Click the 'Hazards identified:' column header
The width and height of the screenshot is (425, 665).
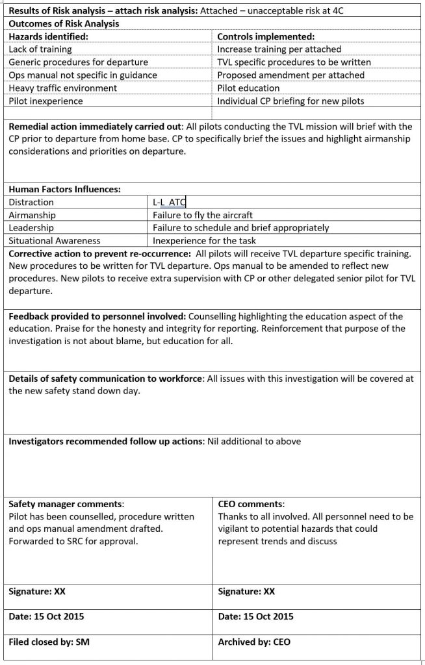pyautogui.click(x=49, y=36)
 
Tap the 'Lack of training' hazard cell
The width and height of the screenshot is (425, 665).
pyautogui.click(x=40, y=49)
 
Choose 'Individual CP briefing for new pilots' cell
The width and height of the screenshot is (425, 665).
pyautogui.click(x=291, y=101)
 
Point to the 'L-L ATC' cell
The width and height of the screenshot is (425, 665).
pyautogui.click(x=170, y=203)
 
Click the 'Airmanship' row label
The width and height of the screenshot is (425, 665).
pyautogui.click(x=32, y=215)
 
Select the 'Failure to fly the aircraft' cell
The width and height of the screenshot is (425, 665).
pyautogui.click(x=203, y=215)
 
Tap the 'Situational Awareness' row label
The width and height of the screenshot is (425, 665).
pyautogui.click(x=55, y=241)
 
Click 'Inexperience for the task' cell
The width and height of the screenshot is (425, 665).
pyautogui.click(x=204, y=241)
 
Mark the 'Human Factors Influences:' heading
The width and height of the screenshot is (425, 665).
pyautogui.click(x=64, y=189)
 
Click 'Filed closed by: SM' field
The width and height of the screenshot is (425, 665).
pyautogui.click(x=49, y=642)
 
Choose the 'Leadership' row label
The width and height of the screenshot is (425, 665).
pyautogui.click(x=31, y=228)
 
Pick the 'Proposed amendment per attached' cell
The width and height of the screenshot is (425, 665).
pyautogui.click(x=290, y=75)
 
